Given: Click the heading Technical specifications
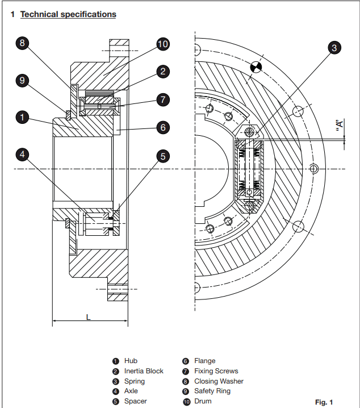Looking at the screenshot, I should click(68, 14).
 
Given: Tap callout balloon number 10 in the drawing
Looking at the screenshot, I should click(163, 44).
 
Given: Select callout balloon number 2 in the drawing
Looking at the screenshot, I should click(163, 72).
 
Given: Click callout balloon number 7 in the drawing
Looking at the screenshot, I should click(163, 100).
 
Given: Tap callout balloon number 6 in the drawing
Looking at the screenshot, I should click(163, 128).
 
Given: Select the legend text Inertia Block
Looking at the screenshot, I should click(144, 371).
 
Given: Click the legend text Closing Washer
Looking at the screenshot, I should click(219, 381).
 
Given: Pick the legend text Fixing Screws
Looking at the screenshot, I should click(216, 371).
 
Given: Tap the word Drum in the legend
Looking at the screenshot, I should click(203, 402).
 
